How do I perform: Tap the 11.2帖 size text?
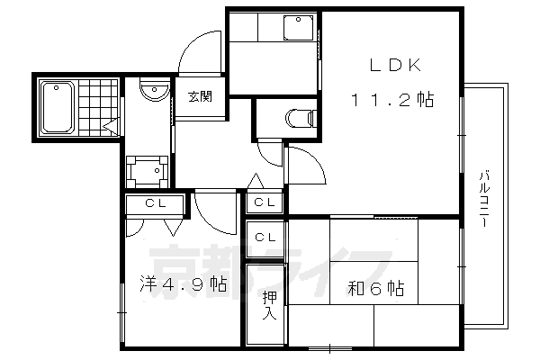(391, 100)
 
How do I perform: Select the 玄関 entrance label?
(200, 98)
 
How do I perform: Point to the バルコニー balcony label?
(483, 200)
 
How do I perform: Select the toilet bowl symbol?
(299, 117)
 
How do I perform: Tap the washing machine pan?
(144, 169)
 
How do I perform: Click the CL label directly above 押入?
(265, 238)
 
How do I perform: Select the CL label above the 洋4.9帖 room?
(152, 204)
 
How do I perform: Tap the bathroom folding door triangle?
(111, 127)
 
